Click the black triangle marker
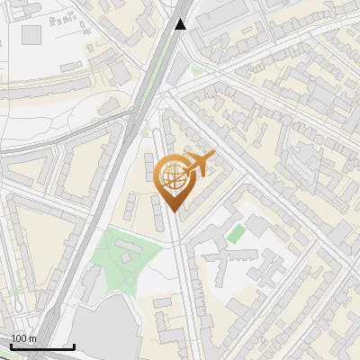point(181,24)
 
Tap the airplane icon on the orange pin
point(197,165)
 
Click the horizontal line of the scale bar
point(42,346)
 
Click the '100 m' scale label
point(24,338)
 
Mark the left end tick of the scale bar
point(11,345)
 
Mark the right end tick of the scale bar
point(74,345)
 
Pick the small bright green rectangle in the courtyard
point(235,234)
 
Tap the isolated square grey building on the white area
point(32,35)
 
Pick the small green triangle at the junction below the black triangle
point(196,69)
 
